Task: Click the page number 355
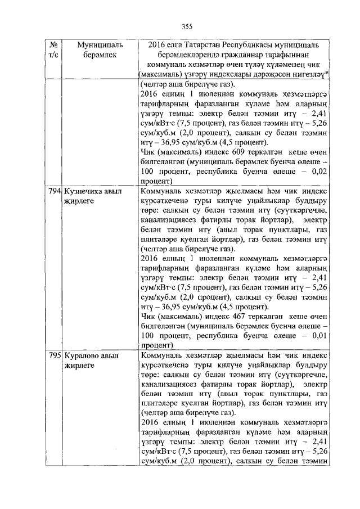tap(187, 26)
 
